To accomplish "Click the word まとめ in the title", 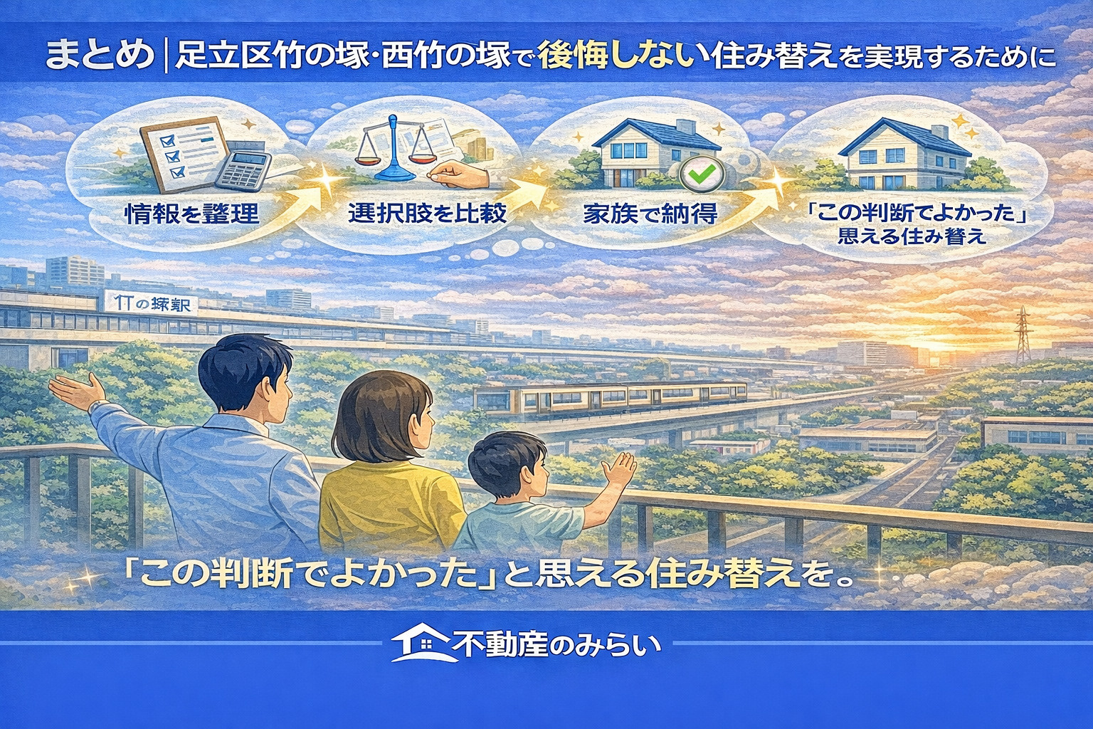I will click(x=100, y=56).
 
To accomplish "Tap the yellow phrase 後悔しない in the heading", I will click(x=616, y=56).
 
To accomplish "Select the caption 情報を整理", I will click(x=191, y=212).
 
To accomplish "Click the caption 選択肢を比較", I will click(x=427, y=212).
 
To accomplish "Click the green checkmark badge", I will click(x=701, y=172).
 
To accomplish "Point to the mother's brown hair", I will click(x=384, y=420).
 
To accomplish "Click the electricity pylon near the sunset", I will click(x=1023, y=335).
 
